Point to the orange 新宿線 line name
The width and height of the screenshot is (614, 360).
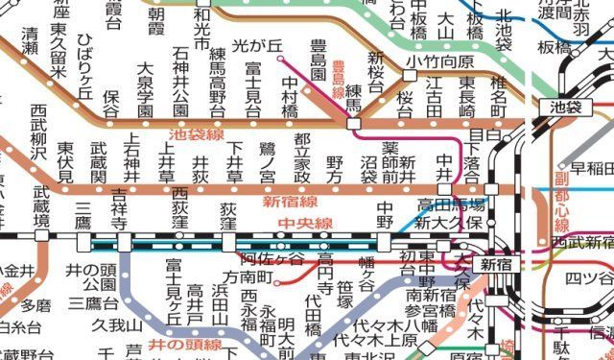[x=288, y=202]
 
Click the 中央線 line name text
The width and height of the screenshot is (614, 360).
[x=305, y=224]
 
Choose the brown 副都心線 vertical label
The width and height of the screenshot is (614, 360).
[x=561, y=198]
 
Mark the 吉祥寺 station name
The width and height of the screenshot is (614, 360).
[x=119, y=209]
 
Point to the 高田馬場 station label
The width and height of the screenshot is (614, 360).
[x=451, y=204]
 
